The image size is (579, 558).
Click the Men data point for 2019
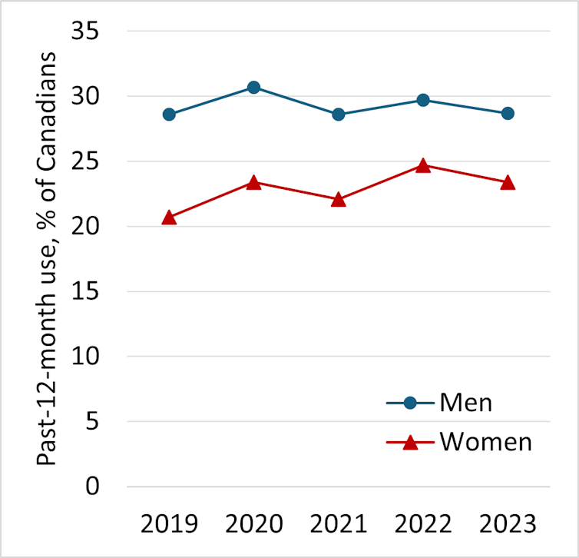click(x=169, y=115)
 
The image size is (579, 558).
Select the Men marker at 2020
click(x=253, y=87)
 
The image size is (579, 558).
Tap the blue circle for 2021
click(x=339, y=115)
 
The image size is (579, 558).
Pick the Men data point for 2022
click(x=423, y=100)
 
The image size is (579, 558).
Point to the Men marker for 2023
click(x=508, y=113)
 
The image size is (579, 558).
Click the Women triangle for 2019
click(x=169, y=218)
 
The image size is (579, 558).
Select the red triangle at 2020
click(x=253, y=182)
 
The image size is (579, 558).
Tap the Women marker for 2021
click(x=339, y=199)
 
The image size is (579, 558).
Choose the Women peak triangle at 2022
click(x=423, y=165)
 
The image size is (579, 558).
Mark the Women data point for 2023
click(x=508, y=182)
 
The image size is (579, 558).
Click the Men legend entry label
click(x=466, y=402)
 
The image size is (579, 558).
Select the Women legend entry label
click(x=485, y=442)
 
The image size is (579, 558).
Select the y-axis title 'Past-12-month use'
click(x=48, y=259)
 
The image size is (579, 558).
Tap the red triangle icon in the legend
click(x=409, y=442)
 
